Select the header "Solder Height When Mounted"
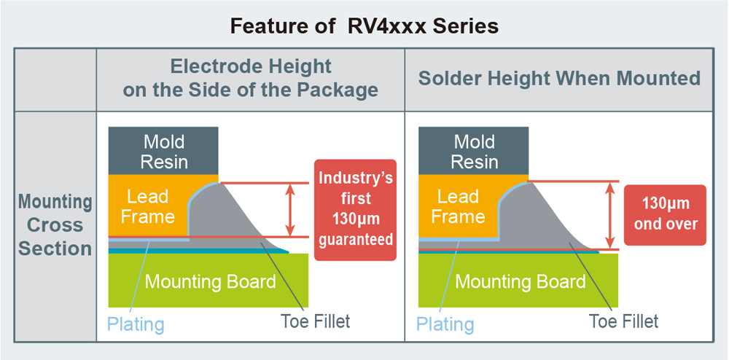pyautogui.click(x=559, y=79)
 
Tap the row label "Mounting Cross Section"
pyautogui.click(x=55, y=224)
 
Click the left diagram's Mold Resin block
pyautogui.click(x=163, y=151)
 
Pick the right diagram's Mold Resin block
pyautogui.click(x=474, y=151)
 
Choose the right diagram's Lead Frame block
pyautogui.click(x=457, y=206)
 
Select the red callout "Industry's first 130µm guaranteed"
pyautogui.click(x=356, y=209)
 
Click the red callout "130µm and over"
pyautogui.click(x=665, y=214)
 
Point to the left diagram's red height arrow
pyautogui.click(x=290, y=209)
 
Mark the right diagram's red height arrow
pyautogui.click(x=608, y=215)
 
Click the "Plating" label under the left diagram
pyautogui.click(x=136, y=324)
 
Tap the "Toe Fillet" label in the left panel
pyautogui.click(x=316, y=321)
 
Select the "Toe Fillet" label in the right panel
pyautogui.click(x=623, y=321)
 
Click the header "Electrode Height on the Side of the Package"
pyautogui.click(x=250, y=79)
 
